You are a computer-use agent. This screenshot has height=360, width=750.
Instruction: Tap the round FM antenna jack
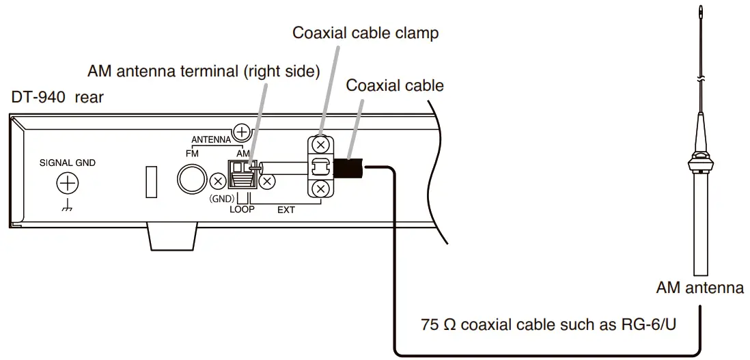coord(192,180)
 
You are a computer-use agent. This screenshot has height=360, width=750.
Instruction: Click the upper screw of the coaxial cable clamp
coord(319,145)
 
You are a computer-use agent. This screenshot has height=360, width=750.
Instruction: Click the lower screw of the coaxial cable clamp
coord(319,188)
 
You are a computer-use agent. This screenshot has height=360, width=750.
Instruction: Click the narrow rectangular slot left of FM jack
coord(152,181)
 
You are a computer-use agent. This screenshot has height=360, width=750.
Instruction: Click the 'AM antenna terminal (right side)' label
coord(204,72)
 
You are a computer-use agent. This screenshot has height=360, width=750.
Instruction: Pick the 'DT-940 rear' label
coord(57,97)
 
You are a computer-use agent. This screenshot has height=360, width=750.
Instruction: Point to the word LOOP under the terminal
coord(241,210)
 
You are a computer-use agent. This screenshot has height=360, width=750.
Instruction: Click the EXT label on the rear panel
coord(286,210)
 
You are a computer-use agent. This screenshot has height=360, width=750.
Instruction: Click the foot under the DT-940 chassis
coord(171,238)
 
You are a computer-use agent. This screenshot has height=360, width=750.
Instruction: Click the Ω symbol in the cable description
coord(450,323)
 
